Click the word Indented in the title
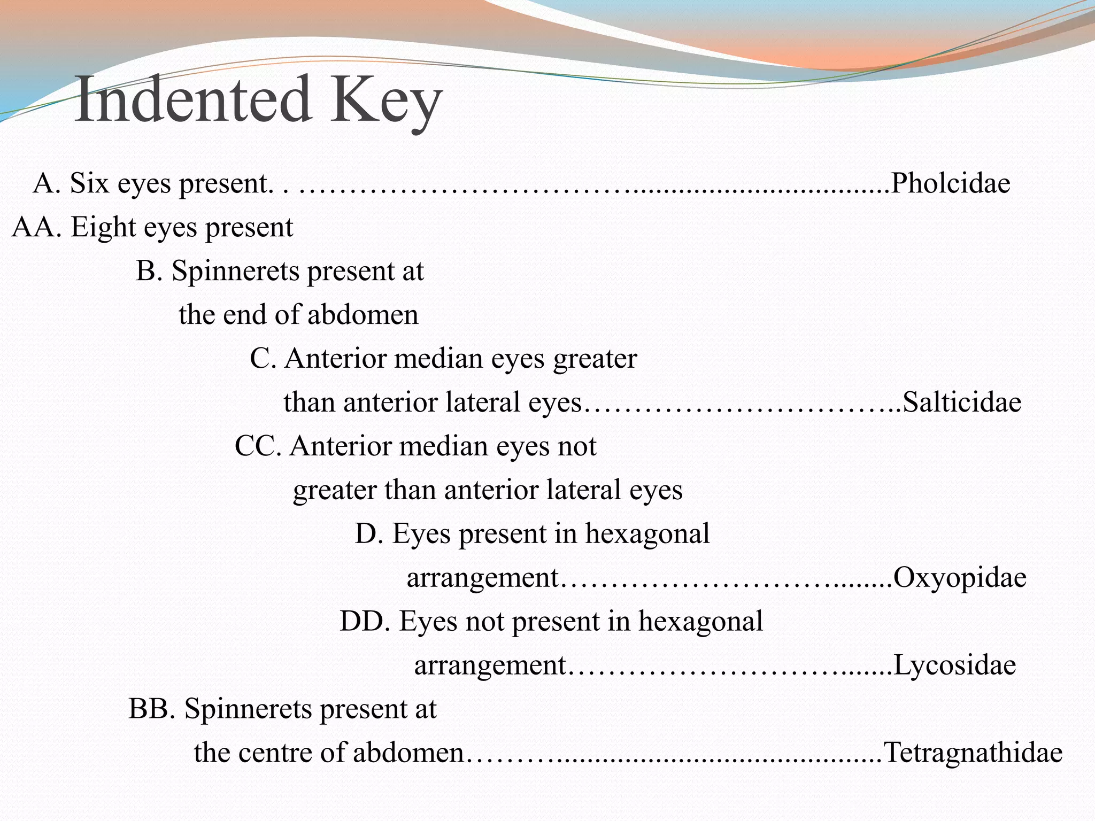192,100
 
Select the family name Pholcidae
950,183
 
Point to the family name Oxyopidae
960,577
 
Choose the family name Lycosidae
954,665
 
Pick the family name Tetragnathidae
973,753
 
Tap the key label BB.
152,709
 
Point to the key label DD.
366,622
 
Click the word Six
89,183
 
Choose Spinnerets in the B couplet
235,271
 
